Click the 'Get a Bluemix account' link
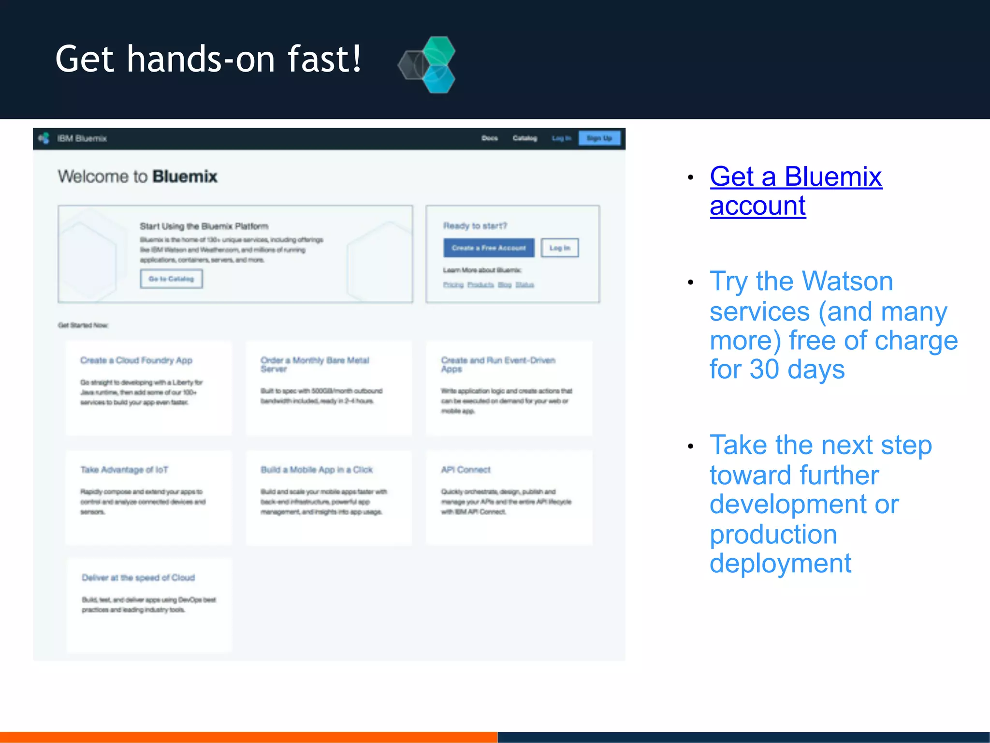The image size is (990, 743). coord(796,191)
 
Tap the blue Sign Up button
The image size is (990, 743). coord(599,138)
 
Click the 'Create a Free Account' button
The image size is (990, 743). coord(489,248)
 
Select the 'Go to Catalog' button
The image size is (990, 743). coord(171,279)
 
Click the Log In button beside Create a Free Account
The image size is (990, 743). coord(559,248)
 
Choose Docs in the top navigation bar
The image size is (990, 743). coord(489,138)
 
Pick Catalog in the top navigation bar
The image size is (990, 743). coord(524,138)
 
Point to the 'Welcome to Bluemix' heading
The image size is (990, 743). coord(138,177)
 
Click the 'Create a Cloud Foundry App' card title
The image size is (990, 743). coord(136,360)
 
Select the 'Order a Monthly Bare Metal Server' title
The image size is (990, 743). coord(315,364)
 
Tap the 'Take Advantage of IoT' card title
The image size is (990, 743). coord(124,470)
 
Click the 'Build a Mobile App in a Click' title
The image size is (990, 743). coord(317,470)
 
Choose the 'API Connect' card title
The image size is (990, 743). coord(466,470)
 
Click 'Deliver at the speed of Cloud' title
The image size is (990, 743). coord(138,578)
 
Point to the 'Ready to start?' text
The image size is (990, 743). coord(475,226)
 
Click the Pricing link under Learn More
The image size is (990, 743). coord(453,285)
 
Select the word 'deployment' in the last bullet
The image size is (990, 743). coord(780,564)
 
